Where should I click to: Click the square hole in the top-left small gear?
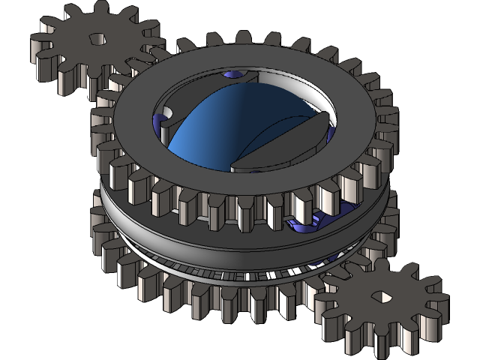pyautogui.click(x=97, y=38)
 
